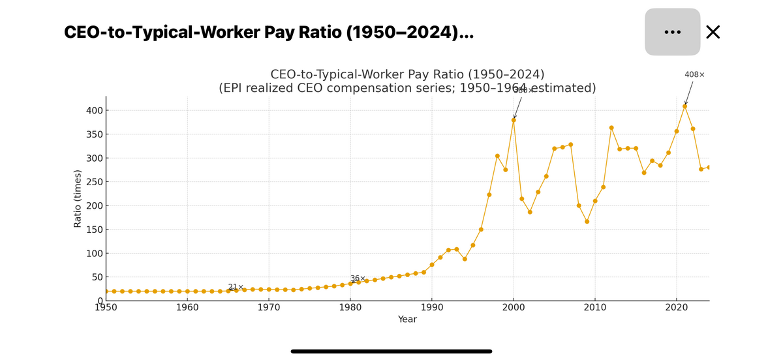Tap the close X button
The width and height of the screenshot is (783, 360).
[713, 32]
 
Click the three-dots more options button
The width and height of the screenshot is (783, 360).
[672, 32]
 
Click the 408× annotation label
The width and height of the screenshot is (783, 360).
[694, 75]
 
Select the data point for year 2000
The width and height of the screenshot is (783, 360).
[514, 120]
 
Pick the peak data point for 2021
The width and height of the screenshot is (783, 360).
[684, 106]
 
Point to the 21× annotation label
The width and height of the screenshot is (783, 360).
[236, 288]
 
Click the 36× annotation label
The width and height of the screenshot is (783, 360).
[358, 278]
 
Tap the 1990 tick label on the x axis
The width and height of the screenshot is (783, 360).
[432, 308]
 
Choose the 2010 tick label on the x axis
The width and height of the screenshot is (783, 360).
[595, 308]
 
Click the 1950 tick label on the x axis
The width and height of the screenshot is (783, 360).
[106, 308]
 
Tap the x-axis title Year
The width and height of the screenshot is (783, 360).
[407, 320]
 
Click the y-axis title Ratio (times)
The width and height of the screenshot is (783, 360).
[78, 198]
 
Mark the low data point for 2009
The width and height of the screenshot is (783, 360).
[587, 222]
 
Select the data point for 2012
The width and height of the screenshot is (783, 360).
[611, 128]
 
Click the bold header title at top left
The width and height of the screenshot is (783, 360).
[269, 33]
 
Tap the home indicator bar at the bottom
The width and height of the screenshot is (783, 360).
[391, 351]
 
